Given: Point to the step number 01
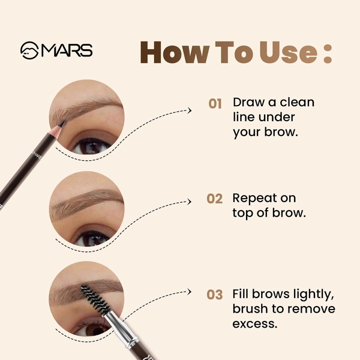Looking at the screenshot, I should pos(215,104).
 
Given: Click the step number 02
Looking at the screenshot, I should pos(215,199).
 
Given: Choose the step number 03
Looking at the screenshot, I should pos(215,295).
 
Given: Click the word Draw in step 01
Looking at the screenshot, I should pos(248,102).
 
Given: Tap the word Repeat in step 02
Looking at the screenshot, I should pos(255,199).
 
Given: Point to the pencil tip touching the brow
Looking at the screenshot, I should pos(61,124).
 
